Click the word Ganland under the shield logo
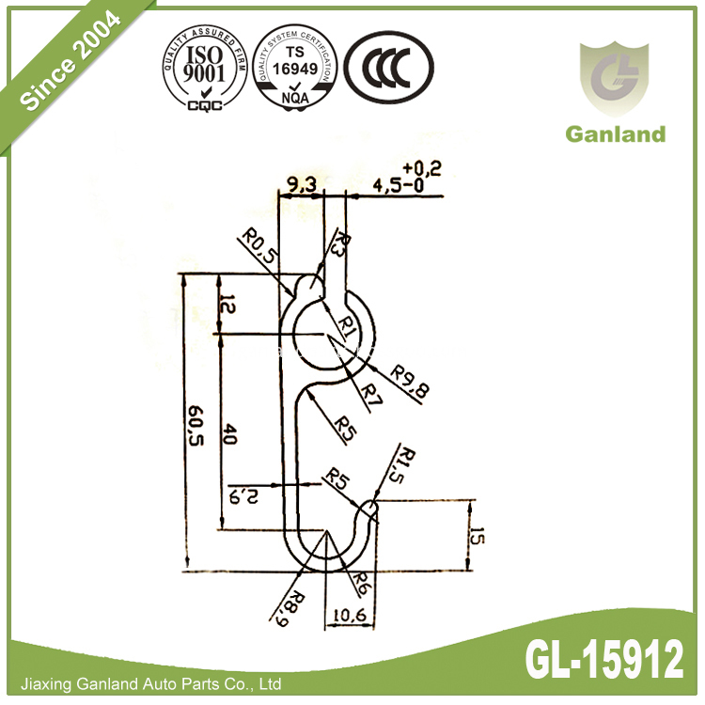click(615, 133)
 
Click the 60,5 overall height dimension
click(195, 429)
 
